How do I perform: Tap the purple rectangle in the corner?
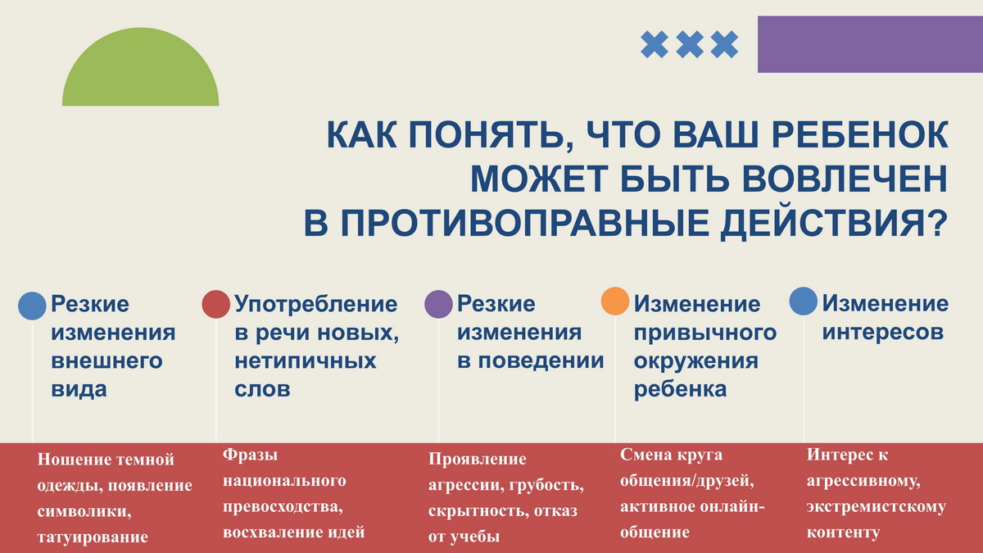[870, 44]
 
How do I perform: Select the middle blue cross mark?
[690, 44]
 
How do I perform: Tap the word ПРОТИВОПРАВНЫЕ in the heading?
[524, 223]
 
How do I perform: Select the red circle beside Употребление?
[216, 304]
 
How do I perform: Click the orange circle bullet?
[615, 301]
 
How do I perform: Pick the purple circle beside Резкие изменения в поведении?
[438, 304]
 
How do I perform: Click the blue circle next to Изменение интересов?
[803, 301]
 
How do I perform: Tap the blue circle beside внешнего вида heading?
[32, 306]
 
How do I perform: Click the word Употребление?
[316, 305]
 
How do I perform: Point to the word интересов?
[882, 333]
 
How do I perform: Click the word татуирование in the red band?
[93, 537]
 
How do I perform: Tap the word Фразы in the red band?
[250, 456]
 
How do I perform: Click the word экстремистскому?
[877, 507]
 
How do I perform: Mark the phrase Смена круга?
[671, 456]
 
